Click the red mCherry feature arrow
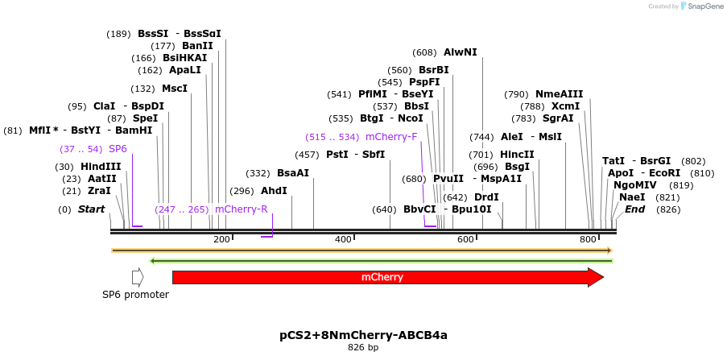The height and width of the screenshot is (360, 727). click(x=386, y=278)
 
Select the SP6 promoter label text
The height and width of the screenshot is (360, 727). click(x=135, y=295)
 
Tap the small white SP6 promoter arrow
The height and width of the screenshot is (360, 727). click(x=138, y=277)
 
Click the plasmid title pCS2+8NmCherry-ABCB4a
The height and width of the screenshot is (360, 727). click(x=363, y=334)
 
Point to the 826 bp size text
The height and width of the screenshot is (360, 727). click(x=363, y=348)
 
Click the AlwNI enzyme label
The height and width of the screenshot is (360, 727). click(x=460, y=52)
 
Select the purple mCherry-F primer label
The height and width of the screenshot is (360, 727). click(x=391, y=137)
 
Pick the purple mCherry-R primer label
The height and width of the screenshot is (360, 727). click(x=241, y=209)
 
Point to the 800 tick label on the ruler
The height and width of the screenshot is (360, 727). click(x=587, y=240)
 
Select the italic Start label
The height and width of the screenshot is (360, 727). click(x=91, y=209)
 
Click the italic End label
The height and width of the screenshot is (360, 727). click(x=634, y=209)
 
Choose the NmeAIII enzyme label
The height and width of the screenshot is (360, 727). click(x=559, y=94)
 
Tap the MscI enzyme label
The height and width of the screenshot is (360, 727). click(x=175, y=89)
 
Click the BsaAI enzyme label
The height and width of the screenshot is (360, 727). click(x=293, y=173)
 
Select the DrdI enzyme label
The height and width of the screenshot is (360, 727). click(x=486, y=197)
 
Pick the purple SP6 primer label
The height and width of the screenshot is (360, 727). click(x=118, y=149)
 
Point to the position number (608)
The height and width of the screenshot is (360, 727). click(x=424, y=52)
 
